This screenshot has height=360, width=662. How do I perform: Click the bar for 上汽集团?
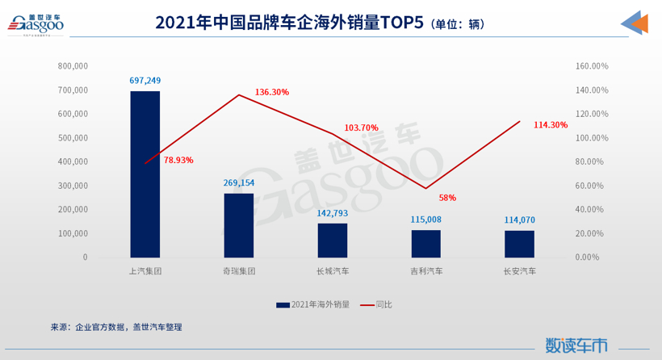[x=145, y=174]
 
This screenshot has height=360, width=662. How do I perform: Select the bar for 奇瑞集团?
[x=239, y=225]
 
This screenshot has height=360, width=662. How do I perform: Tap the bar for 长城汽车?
[x=333, y=240]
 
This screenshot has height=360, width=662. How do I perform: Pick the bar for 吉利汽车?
[x=426, y=243]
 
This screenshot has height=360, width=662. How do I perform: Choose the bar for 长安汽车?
[x=519, y=244]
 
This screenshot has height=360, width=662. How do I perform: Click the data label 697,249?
[x=145, y=81]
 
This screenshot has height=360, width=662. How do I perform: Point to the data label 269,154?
[x=239, y=183]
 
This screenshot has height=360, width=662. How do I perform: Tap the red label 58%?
[x=447, y=198]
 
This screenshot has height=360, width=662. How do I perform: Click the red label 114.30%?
[x=551, y=125]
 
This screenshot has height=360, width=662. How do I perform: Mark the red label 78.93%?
[x=178, y=160]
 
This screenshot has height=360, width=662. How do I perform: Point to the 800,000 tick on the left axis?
[x=73, y=66]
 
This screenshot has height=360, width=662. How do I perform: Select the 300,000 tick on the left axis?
[x=73, y=186]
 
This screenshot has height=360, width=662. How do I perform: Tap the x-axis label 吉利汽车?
[x=426, y=271]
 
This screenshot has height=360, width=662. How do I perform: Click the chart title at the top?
[x=319, y=23]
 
